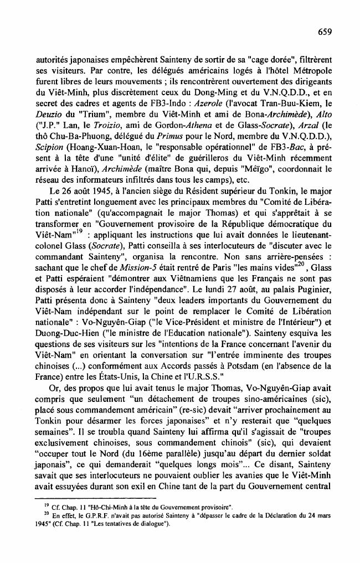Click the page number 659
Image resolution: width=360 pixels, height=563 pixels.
[325, 32]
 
